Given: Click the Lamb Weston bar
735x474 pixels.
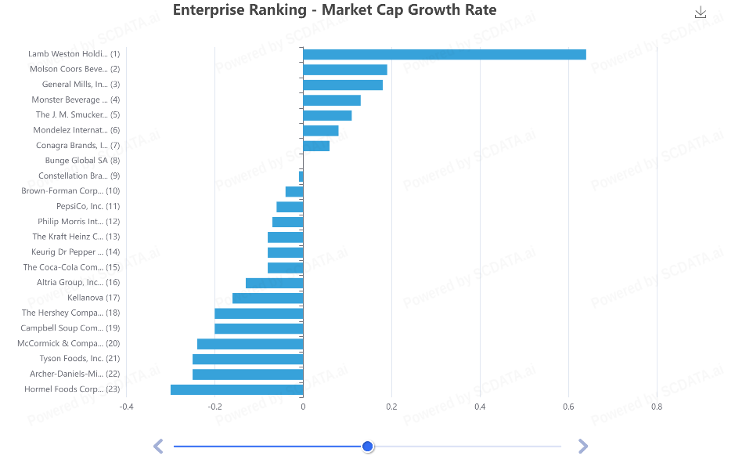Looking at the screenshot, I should click(x=444, y=54).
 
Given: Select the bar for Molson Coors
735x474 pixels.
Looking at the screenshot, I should click(x=344, y=70).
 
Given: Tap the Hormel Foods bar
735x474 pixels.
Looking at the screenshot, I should click(x=236, y=389).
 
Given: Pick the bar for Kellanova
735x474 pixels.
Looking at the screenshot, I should click(x=267, y=298).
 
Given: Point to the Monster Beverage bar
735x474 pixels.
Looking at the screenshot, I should click(x=331, y=100).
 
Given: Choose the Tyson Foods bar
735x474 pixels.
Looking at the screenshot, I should click(x=247, y=359).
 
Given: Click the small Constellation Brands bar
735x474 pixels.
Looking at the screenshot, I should click(x=301, y=176).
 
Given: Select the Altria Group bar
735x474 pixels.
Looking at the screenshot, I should click(x=274, y=283).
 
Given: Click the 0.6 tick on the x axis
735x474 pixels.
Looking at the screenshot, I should click(x=568, y=407).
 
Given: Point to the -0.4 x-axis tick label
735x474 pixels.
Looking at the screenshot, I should click(x=126, y=407).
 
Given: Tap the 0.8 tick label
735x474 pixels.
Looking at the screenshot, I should click(x=657, y=407).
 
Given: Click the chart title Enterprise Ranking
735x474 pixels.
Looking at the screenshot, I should click(x=334, y=10).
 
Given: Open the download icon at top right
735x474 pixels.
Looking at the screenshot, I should click(x=701, y=13).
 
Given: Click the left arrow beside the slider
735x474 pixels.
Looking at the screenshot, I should click(x=158, y=447).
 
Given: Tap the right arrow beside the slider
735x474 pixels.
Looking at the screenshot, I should click(x=582, y=447).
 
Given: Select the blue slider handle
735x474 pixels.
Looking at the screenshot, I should click(x=368, y=447).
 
